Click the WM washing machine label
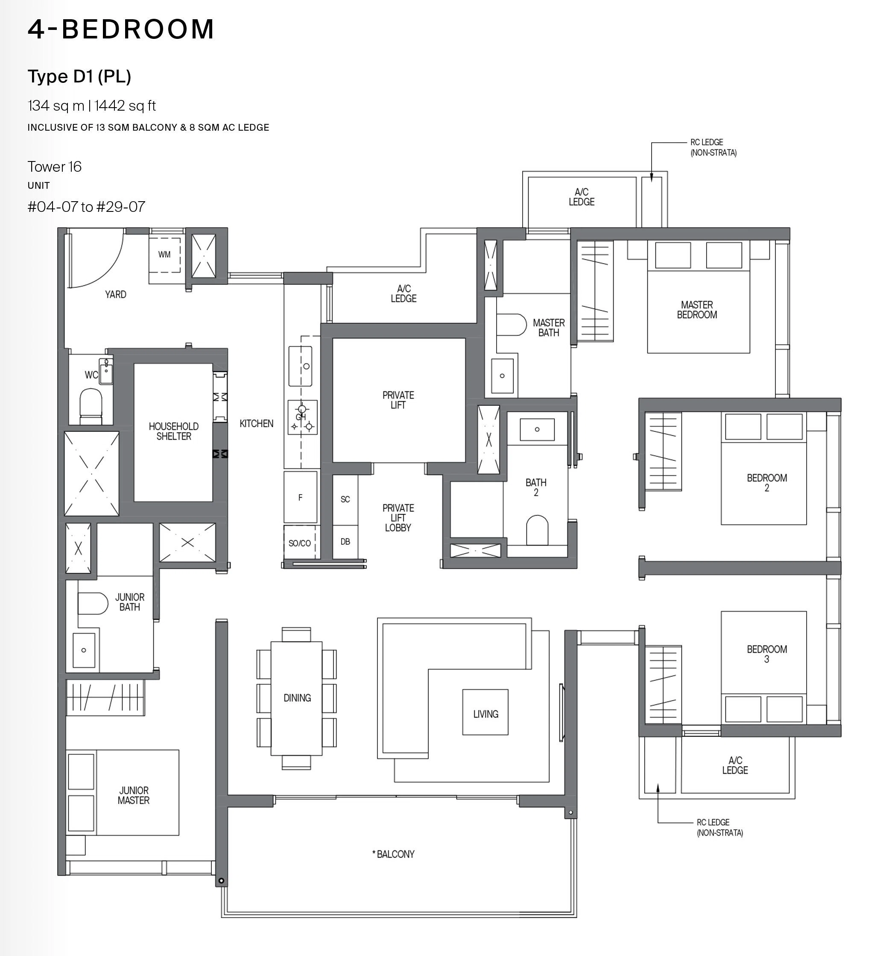click(x=164, y=255)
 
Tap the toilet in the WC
click(x=91, y=406)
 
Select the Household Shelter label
click(x=173, y=431)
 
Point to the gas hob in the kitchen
click(x=302, y=417)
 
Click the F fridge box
click(x=300, y=497)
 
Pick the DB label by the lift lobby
click(x=345, y=542)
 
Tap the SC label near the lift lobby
click(x=345, y=499)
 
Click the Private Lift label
click(x=398, y=400)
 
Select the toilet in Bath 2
click(x=537, y=531)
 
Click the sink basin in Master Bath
click(x=502, y=375)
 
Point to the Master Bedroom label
click(x=697, y=310)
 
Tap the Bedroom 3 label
click(x=766, y=654)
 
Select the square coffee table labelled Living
click(x=485, y=712)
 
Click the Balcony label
click(x=393, y=854)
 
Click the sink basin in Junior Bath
click(x=84, y=650)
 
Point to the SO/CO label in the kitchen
click(x=299, y=543)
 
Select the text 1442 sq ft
click(x=126, y=106)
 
